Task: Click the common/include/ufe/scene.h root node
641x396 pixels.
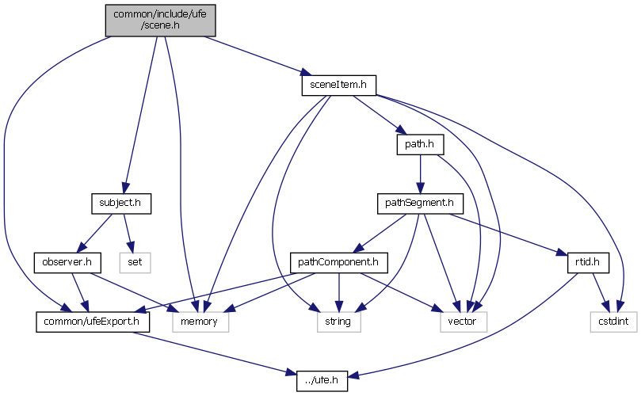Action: point(160,19)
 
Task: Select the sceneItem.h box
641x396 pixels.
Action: point(338,83)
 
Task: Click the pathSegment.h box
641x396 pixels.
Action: point(419,203)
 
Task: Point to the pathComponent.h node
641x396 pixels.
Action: point(337,261)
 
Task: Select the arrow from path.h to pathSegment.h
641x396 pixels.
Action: point(419,174)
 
